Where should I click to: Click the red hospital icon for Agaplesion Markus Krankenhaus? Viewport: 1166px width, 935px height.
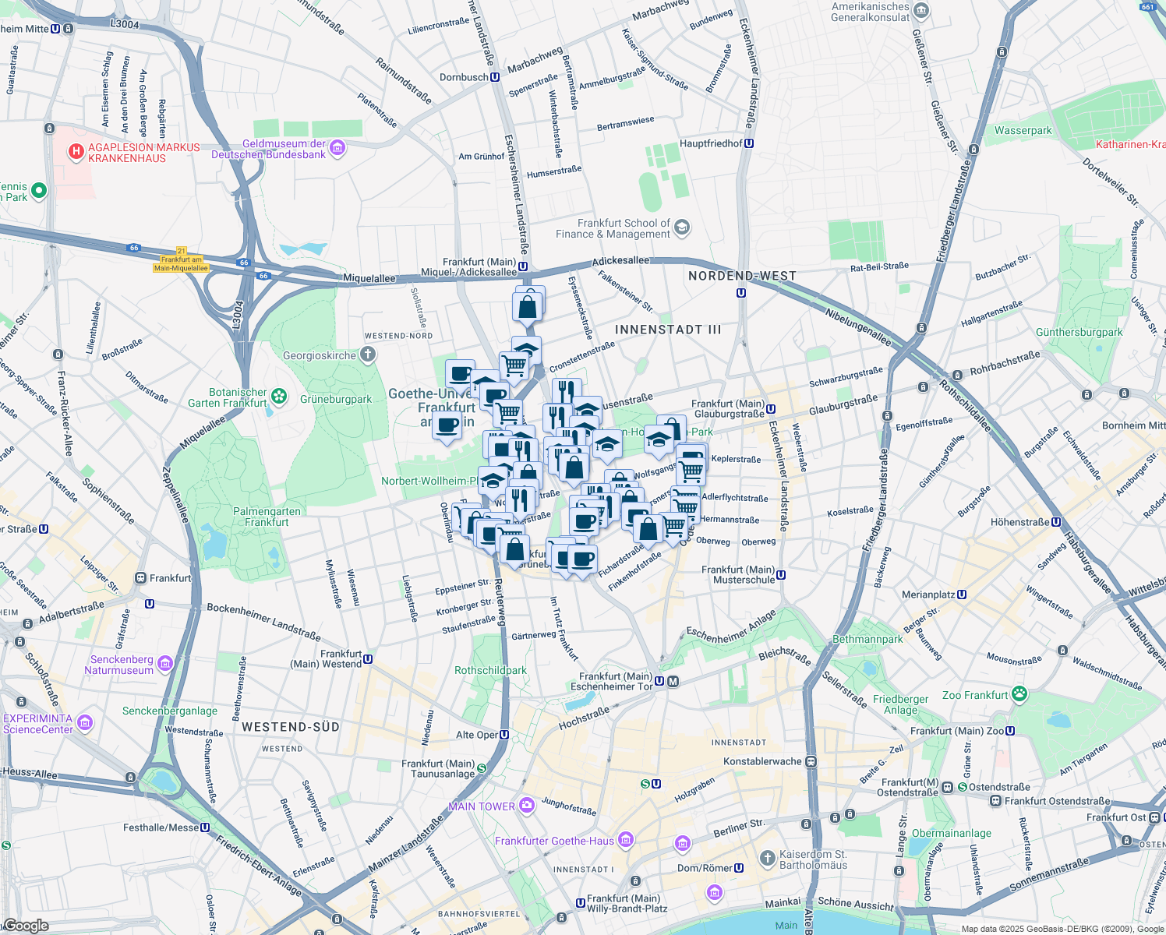point(76,151)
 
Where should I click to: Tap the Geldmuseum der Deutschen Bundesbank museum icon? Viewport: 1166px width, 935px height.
point(337,148)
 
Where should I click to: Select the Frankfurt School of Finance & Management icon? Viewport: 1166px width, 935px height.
point(682,228)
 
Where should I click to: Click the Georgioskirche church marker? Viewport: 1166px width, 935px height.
point(368,355)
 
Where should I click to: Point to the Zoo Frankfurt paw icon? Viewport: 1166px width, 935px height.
point(1019,693)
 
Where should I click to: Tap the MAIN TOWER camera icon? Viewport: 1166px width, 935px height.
point(527,806)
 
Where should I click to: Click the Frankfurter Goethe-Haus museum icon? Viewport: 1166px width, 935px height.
point(626,840)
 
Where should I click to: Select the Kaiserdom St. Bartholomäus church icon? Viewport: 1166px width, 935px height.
point(768,859)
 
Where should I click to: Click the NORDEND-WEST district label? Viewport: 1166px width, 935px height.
point(742,276)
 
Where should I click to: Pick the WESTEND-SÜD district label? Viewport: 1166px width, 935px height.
point(290,727)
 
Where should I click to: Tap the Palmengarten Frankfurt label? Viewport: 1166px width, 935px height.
point(267,517)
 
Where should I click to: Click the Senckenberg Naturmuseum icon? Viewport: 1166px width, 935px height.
point(164,664)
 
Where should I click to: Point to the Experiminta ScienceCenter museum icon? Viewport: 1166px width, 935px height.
point(86,723)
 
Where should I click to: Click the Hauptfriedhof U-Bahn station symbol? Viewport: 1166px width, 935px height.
point(749,143)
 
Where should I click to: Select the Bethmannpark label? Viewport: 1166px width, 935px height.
point(867,639)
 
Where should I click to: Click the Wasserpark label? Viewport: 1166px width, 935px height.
point(1023,131)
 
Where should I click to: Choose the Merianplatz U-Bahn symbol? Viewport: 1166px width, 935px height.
point(962,595)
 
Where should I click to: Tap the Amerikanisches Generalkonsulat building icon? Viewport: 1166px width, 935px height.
point(922,11)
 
